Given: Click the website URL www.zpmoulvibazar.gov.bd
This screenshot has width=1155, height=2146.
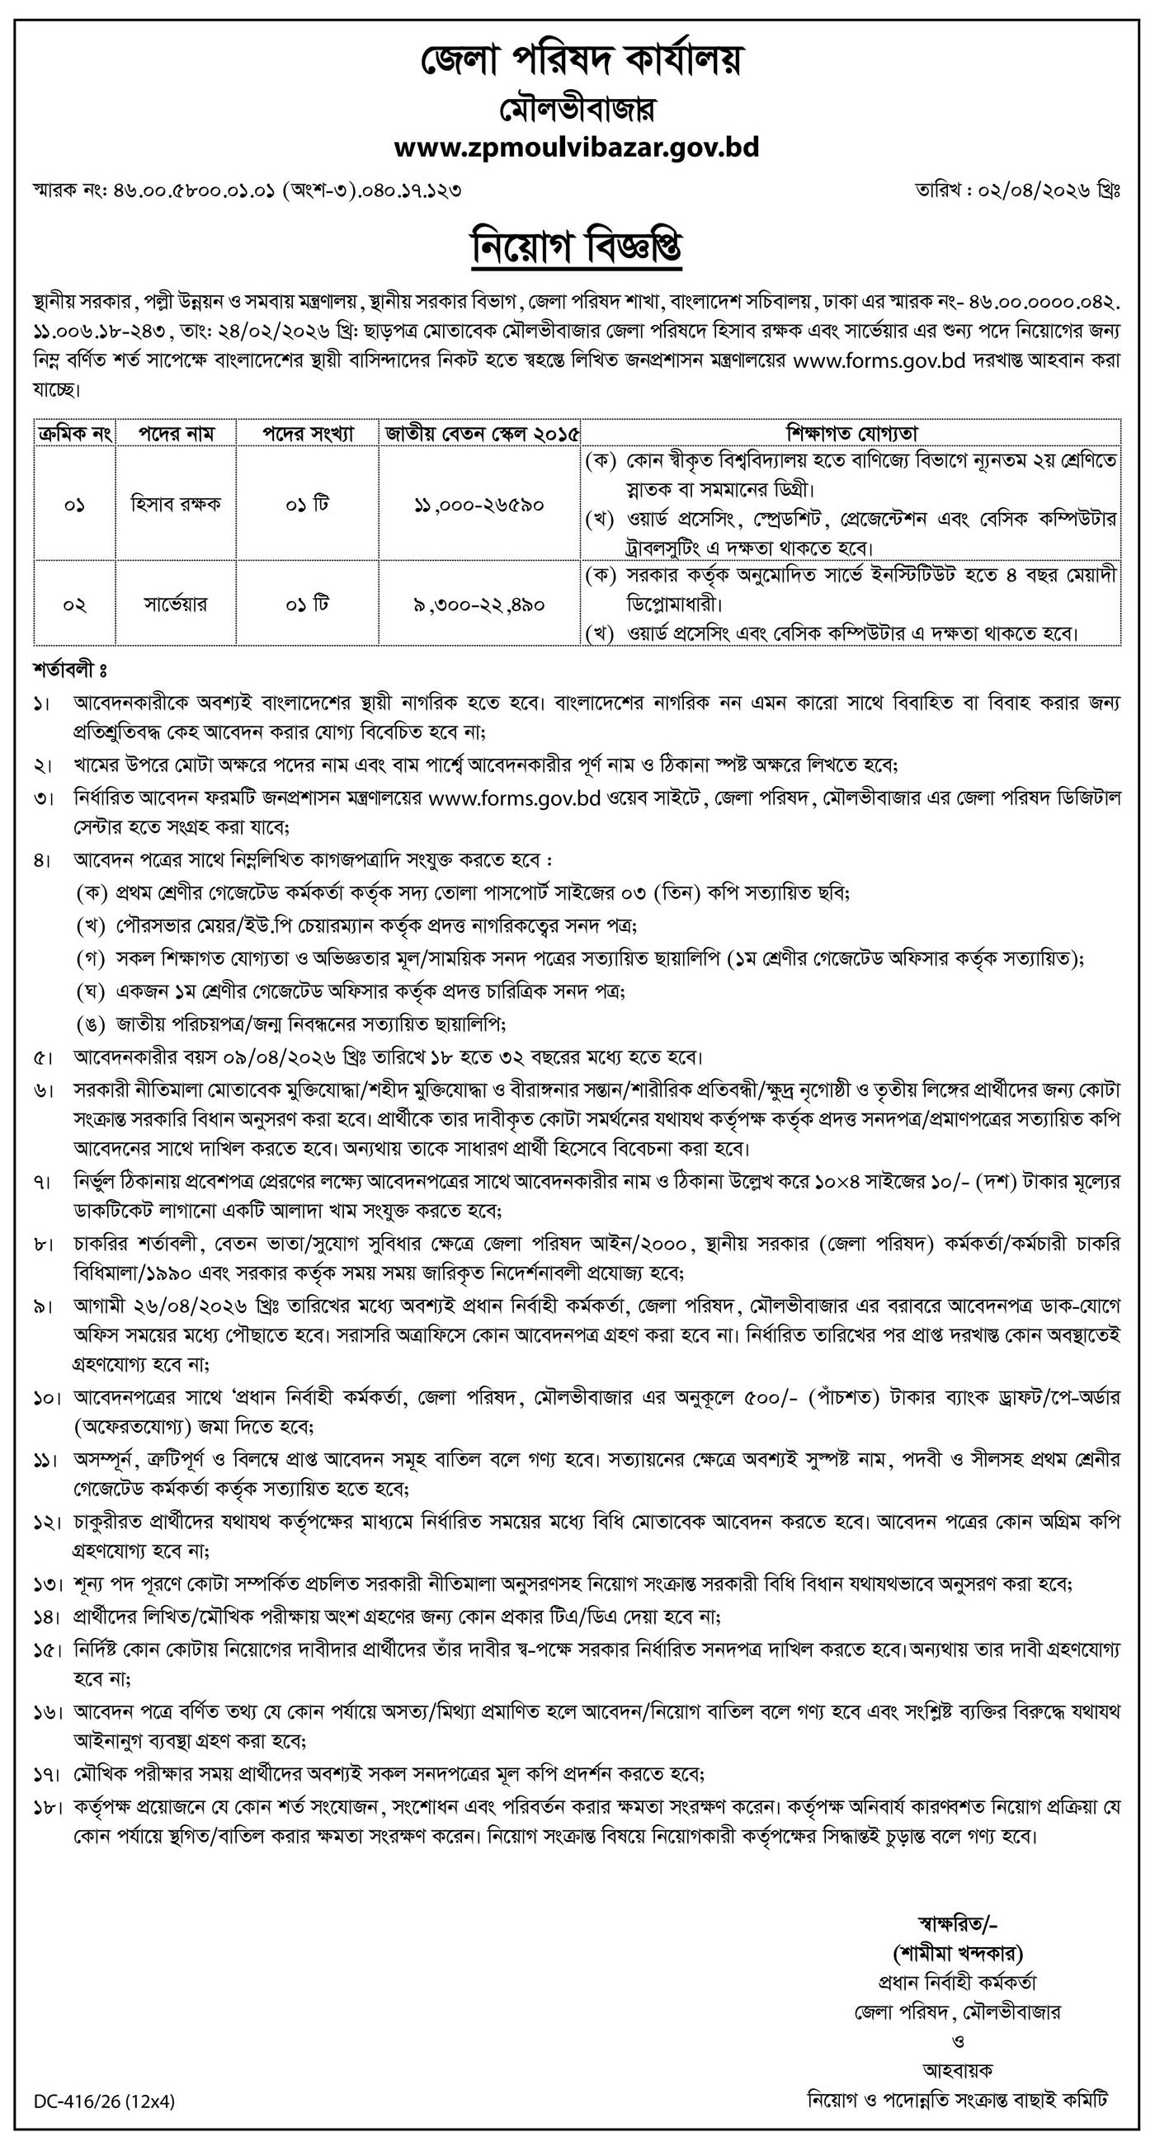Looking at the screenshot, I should [x=577, y=148].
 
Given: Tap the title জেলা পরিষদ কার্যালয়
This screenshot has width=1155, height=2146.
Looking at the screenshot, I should [x=577, y=60].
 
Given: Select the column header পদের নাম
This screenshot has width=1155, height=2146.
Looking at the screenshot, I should [x=175, y=433].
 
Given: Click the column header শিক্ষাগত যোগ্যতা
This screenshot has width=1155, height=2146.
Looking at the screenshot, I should [x=851, y=433].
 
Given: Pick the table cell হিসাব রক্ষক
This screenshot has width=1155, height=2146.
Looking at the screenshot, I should [x=175, y=505].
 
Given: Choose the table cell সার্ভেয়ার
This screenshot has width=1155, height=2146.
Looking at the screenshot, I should [x=175, y=603].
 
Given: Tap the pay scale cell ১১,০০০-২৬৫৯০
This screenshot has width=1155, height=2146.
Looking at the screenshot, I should [x=480, y=505].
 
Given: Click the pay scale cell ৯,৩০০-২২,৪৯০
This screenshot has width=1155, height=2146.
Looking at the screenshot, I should [x=480, y=604].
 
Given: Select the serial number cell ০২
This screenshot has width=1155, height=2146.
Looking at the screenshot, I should [x=74, y=604].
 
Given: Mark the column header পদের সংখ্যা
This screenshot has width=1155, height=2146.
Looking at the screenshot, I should [x=309, y=433].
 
